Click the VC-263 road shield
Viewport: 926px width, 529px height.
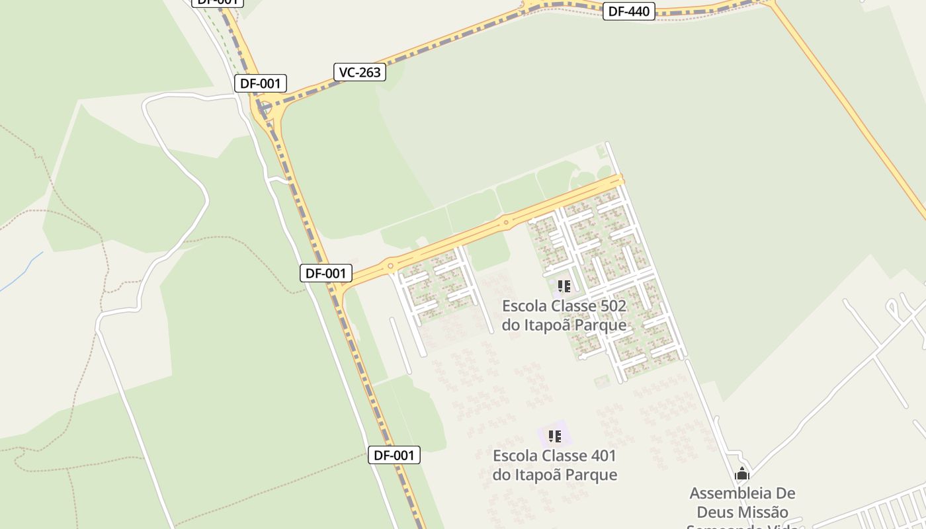tap(360, 72)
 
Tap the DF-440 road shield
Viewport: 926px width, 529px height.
tap(628, 11)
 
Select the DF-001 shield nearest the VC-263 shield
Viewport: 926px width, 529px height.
tap(261, 83)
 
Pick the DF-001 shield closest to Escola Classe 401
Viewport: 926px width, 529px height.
tap(394, 455)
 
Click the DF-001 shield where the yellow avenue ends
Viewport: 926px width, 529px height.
tap(325, 273)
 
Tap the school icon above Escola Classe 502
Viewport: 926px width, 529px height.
tap(564, 286)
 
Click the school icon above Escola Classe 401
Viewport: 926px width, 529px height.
tap(555, 436)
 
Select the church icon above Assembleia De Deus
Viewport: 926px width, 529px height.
tap(742, 473)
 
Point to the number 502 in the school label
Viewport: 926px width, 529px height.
tap(610, 306)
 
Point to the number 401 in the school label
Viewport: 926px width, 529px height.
tap(601, 456)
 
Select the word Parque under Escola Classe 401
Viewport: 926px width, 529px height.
tap(593, 475)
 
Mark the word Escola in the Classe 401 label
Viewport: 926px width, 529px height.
tap(515, 456)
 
